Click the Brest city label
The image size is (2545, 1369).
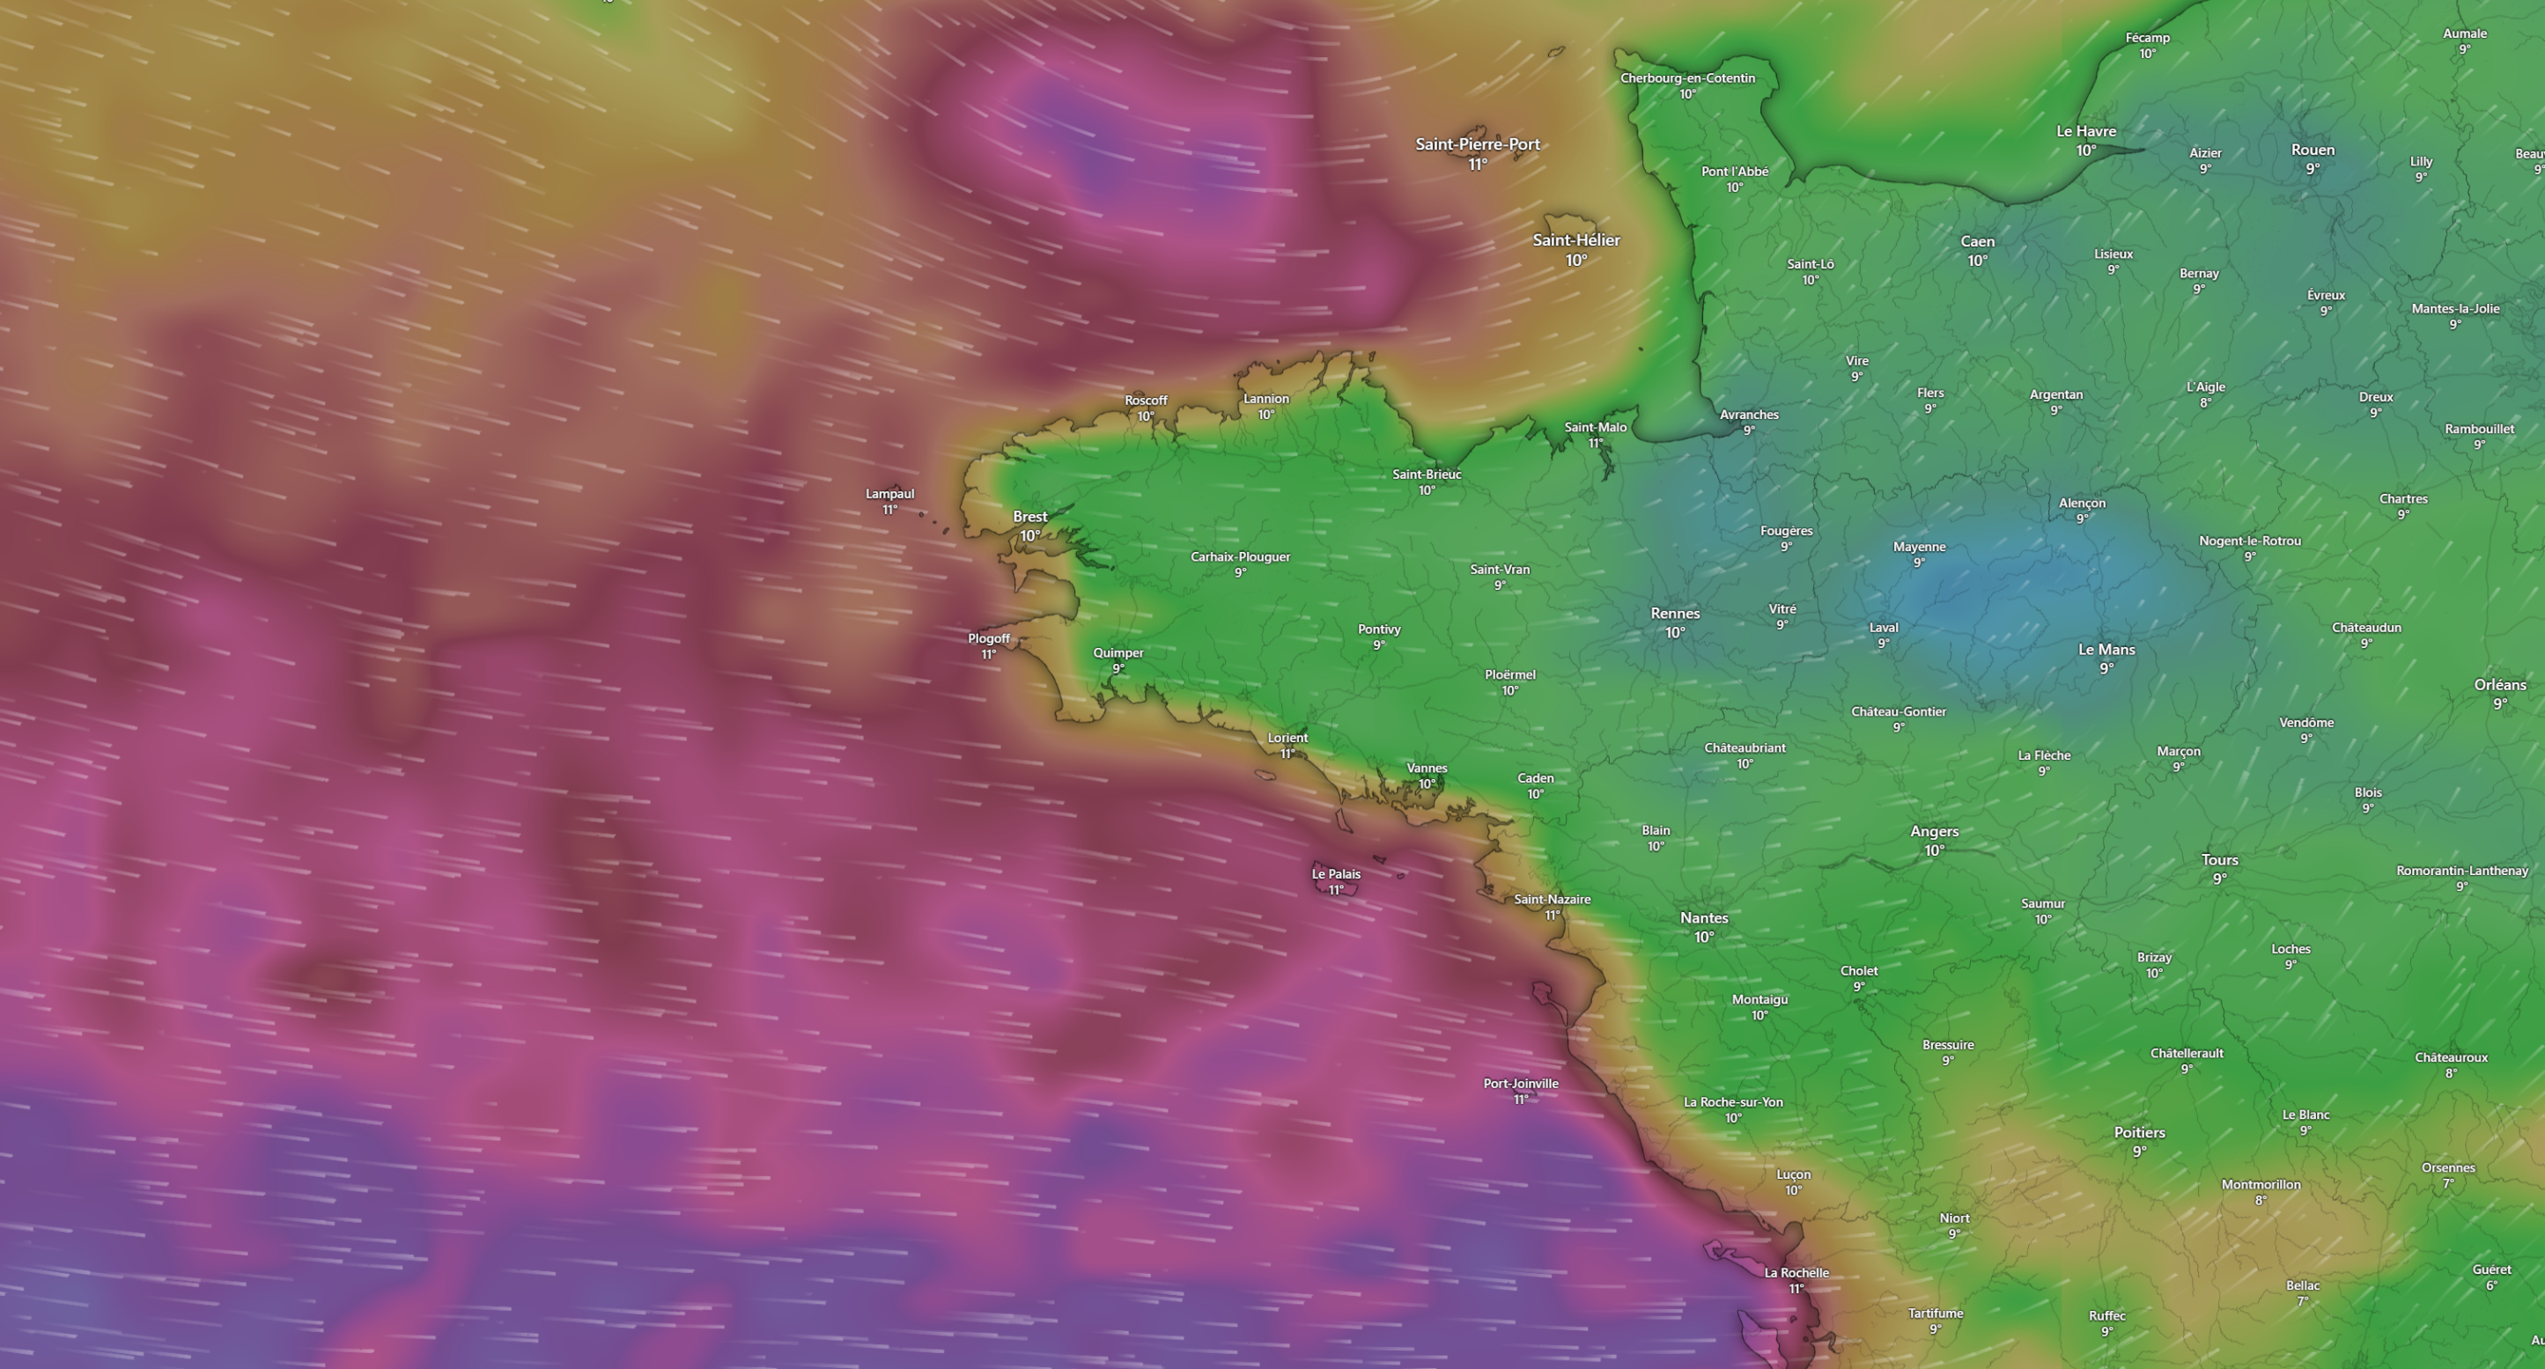(1029, 517)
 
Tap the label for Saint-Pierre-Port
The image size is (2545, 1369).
(1477, 144)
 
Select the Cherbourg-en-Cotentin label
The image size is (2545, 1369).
(1687, 78)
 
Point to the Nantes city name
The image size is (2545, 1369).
(1703, 917)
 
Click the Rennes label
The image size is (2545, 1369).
(1675, 614)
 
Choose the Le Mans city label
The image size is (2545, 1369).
(2106, 649)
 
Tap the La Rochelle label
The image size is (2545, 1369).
(1796, 1272)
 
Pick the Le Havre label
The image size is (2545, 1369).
(2085, 131)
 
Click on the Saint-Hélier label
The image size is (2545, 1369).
(1575, 240)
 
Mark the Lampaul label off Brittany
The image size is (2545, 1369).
(889, 494)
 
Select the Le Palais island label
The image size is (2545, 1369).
(1336, 873)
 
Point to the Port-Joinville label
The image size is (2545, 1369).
(1521, 1084)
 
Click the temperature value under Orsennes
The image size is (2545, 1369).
(2448, 1183)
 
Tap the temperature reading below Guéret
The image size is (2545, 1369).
(2490, 1285)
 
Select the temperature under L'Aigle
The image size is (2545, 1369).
(2205, 403)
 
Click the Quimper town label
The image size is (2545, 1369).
(1118, 653)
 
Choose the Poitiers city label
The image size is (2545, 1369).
(2139, 1132)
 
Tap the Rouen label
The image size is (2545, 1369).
(2312, 151)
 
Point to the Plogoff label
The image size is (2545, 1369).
(988, 638)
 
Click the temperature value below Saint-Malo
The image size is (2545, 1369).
(1595, 444)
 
